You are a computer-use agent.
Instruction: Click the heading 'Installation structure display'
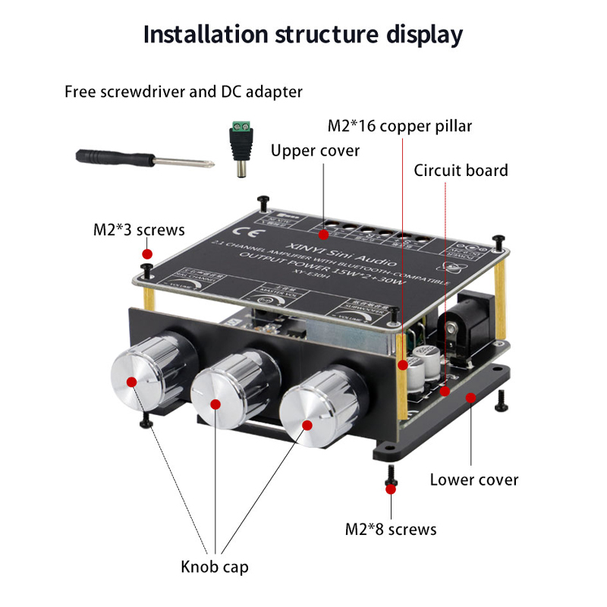pos(303,34)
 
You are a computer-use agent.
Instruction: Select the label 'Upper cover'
pos(316,150)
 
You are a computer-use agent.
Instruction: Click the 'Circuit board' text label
pos(461,170)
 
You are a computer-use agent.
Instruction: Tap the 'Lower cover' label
pos(474,480)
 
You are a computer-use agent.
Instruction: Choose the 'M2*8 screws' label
pos(391,529)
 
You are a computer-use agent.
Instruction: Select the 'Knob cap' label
pos(214,566)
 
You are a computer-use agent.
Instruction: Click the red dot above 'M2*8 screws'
pos(392,490)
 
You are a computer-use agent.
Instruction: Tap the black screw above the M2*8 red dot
pos(392,474)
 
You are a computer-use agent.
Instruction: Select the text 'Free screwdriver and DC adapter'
pos(184,92)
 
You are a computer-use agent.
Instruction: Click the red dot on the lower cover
pos(470,396)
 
